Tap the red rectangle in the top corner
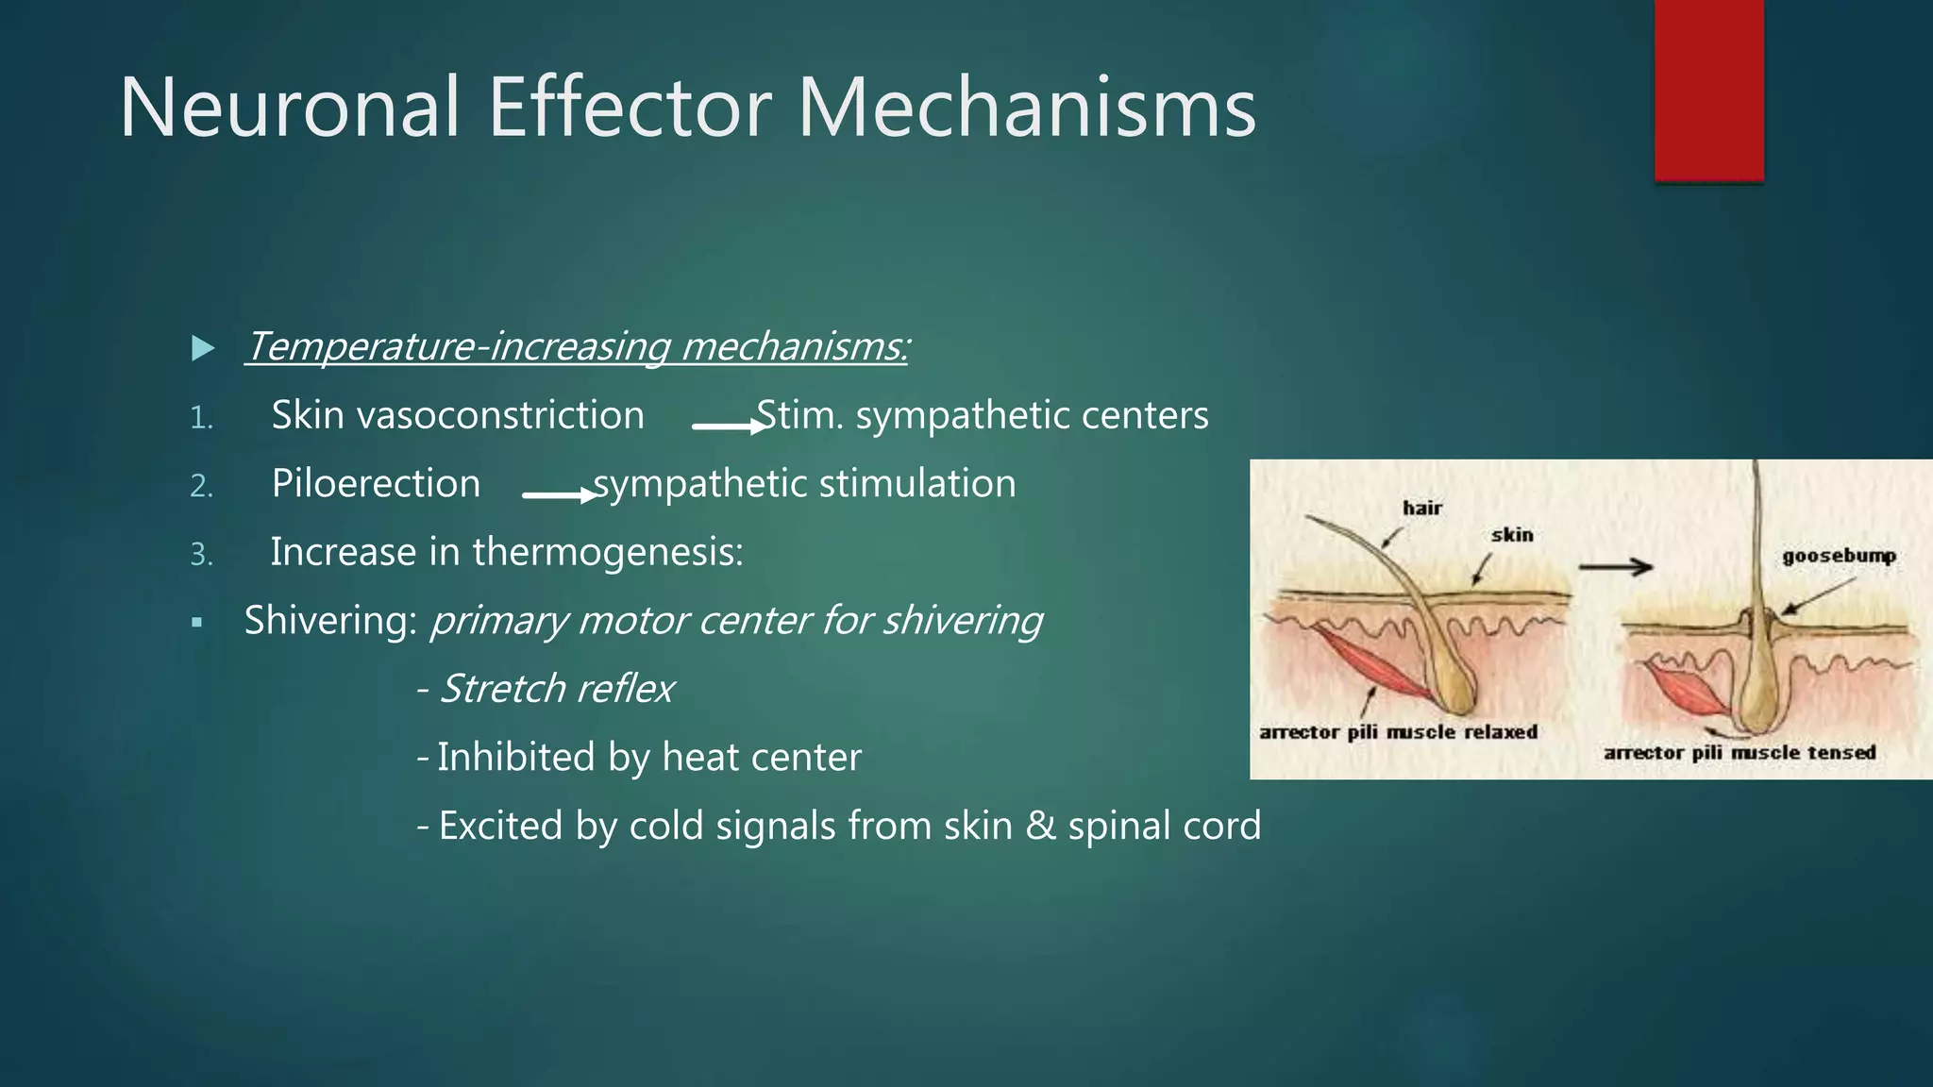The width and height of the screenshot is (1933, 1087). (1708, 90)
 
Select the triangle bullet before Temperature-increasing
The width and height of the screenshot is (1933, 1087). (202, 348)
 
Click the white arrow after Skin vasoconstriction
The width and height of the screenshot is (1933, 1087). (729, 426)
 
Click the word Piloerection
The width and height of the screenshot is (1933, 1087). (376, 484)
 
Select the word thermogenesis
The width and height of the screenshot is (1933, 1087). (608, 552)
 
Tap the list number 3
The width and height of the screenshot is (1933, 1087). (202, 554)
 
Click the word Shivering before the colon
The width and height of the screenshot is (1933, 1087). (327, 621)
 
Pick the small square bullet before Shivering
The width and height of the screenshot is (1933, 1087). (196, 623)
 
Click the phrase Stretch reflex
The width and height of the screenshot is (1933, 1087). (557, 689)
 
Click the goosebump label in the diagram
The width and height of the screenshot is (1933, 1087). (1838, 556)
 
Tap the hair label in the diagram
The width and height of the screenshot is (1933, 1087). (1421, 509)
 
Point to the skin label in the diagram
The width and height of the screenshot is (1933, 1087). (1512, 535)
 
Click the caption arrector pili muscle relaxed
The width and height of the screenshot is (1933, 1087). (1398, 732)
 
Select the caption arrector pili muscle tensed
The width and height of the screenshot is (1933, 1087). (1740, 753)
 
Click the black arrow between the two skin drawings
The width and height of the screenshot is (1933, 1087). (1615, 567)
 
